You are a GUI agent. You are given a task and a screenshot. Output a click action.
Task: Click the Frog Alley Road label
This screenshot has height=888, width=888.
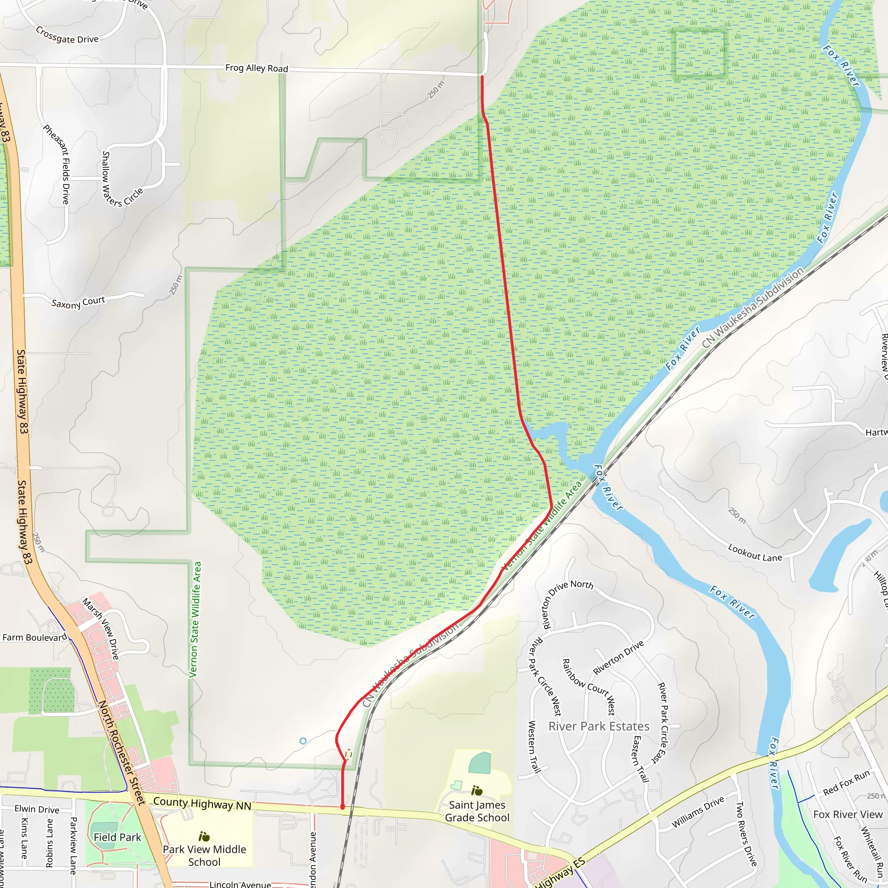257,68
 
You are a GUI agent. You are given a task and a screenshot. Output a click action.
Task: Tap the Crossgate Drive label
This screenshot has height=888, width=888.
67,36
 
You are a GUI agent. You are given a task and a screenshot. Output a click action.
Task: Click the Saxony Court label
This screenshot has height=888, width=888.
78,303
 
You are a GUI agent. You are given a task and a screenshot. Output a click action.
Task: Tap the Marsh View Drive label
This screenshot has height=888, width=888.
101,628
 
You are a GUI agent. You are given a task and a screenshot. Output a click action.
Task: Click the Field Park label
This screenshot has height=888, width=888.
117,837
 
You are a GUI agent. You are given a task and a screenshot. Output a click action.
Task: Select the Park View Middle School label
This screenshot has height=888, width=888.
204,855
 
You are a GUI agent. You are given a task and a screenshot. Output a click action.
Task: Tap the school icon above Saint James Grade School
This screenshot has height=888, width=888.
477,790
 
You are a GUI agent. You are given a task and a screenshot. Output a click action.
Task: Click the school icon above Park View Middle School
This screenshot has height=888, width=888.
204,836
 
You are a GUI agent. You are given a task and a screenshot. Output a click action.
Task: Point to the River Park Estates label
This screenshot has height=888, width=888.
599,726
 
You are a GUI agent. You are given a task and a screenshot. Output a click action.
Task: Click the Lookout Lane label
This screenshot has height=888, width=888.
755,552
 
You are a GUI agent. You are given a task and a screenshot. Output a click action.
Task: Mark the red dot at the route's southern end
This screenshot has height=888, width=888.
343,806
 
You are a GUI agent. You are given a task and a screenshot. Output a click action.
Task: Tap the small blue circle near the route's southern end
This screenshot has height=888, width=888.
303,741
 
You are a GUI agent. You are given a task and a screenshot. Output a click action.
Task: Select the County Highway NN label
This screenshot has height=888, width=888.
202,804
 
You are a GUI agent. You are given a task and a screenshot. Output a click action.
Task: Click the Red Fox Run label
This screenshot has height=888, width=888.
846,783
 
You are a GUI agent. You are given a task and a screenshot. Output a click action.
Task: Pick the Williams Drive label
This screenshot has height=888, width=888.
698,812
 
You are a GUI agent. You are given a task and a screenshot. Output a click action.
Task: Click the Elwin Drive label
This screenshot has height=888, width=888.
37,809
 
